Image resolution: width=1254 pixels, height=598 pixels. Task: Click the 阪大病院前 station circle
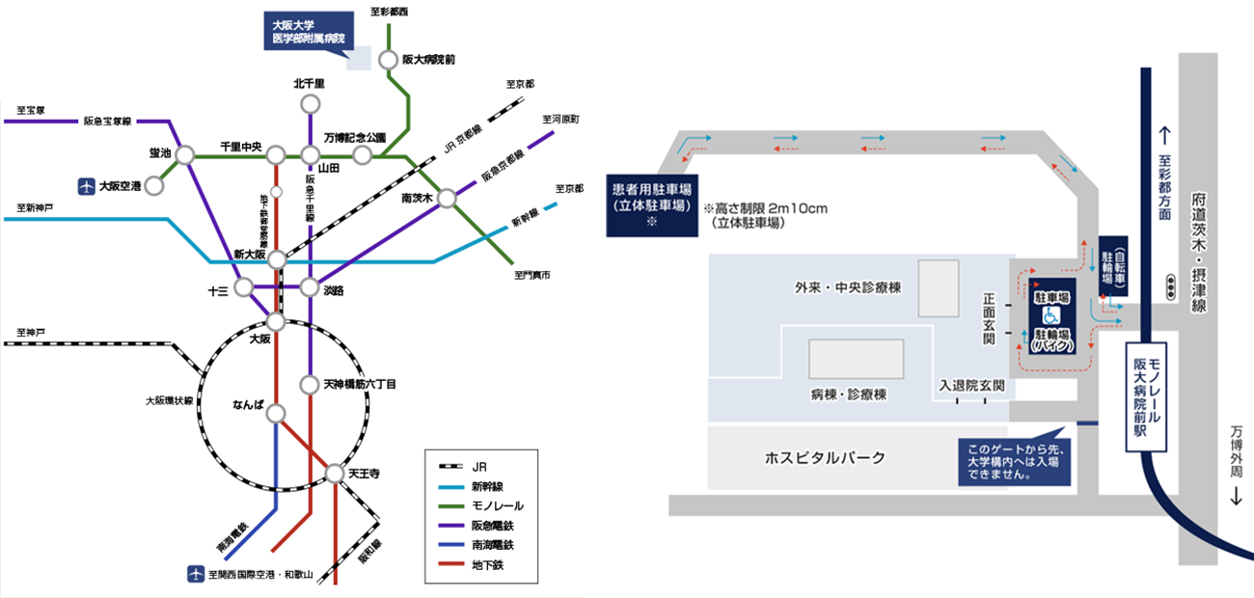pyautogui.click(x=388, y=60)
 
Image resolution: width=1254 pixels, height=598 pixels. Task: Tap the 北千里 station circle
pyautogui.click(x=310, y=104)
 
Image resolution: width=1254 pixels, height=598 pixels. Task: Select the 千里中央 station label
pyautogui.click(x=241, y=146)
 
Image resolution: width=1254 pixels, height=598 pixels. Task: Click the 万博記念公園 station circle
pyautogui.click(x=363, y=154)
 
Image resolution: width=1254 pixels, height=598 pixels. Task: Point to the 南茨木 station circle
pyautogui.click(x=447, y=198)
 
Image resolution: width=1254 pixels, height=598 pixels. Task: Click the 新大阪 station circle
pyautogui.click(x=277, y=260)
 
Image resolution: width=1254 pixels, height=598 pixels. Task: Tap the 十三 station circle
pyautogui.click(x=243, y=287)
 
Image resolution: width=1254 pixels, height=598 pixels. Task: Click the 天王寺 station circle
pyautogui.click(x=335, y=474)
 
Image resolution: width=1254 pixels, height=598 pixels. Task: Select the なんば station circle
pyautogui.click(x=277, y=414)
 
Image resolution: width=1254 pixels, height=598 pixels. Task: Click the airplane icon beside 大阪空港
pyautogui.click(x=86, y=185)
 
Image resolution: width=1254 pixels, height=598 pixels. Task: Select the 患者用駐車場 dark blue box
pyautogui.click(x=653, y=205)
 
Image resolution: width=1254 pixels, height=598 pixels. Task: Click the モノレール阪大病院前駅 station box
pyautogui.click(x=1149, y=395)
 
